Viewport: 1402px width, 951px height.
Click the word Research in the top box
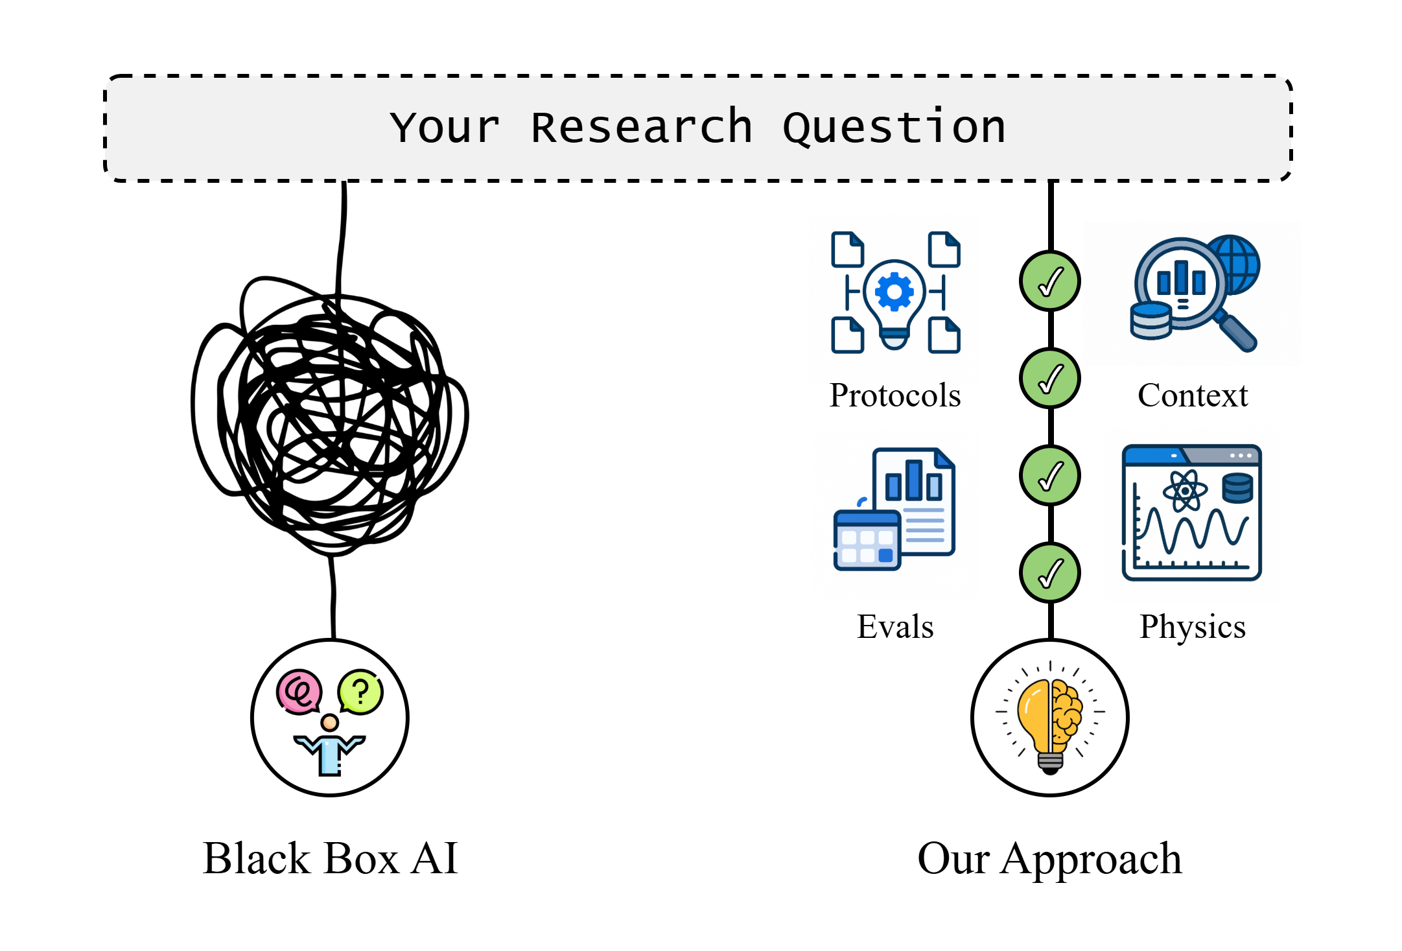pyautogui.click(x=641, y=127)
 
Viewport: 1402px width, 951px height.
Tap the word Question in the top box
pyautogui.click(x=894, y=127)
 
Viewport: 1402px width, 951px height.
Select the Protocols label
pyautogui.click(x=895, y=395)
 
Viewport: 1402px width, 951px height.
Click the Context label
pyautogui.click(x=1193, y=395)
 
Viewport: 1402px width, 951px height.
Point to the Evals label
pyautogui.click(x=895, y=627)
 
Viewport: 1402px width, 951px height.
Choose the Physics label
pyautogui.click(x=1193, y=627)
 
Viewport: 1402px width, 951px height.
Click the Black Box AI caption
pyautogui.click(x=331, y=859)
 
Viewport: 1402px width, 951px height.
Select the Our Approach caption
pyautogui.click(x=1049, y=859)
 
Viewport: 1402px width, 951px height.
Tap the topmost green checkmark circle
pyautogui.click(x=1050, y=281)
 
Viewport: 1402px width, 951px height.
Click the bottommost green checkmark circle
pyautogui.click(x=1050, y=573)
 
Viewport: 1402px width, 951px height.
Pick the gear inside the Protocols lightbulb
pyautogui.click(x=894, y=292)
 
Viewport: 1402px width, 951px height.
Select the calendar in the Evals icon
pyautogui.click(x=867, y=541)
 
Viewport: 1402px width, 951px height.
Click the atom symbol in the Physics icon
pyautogui.click(x=1185, y=491)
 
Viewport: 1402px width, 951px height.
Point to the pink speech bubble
pyautogui.click(x=299, y=692)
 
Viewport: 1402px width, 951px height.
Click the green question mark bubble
pyautogui.click(x=361, y=692)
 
